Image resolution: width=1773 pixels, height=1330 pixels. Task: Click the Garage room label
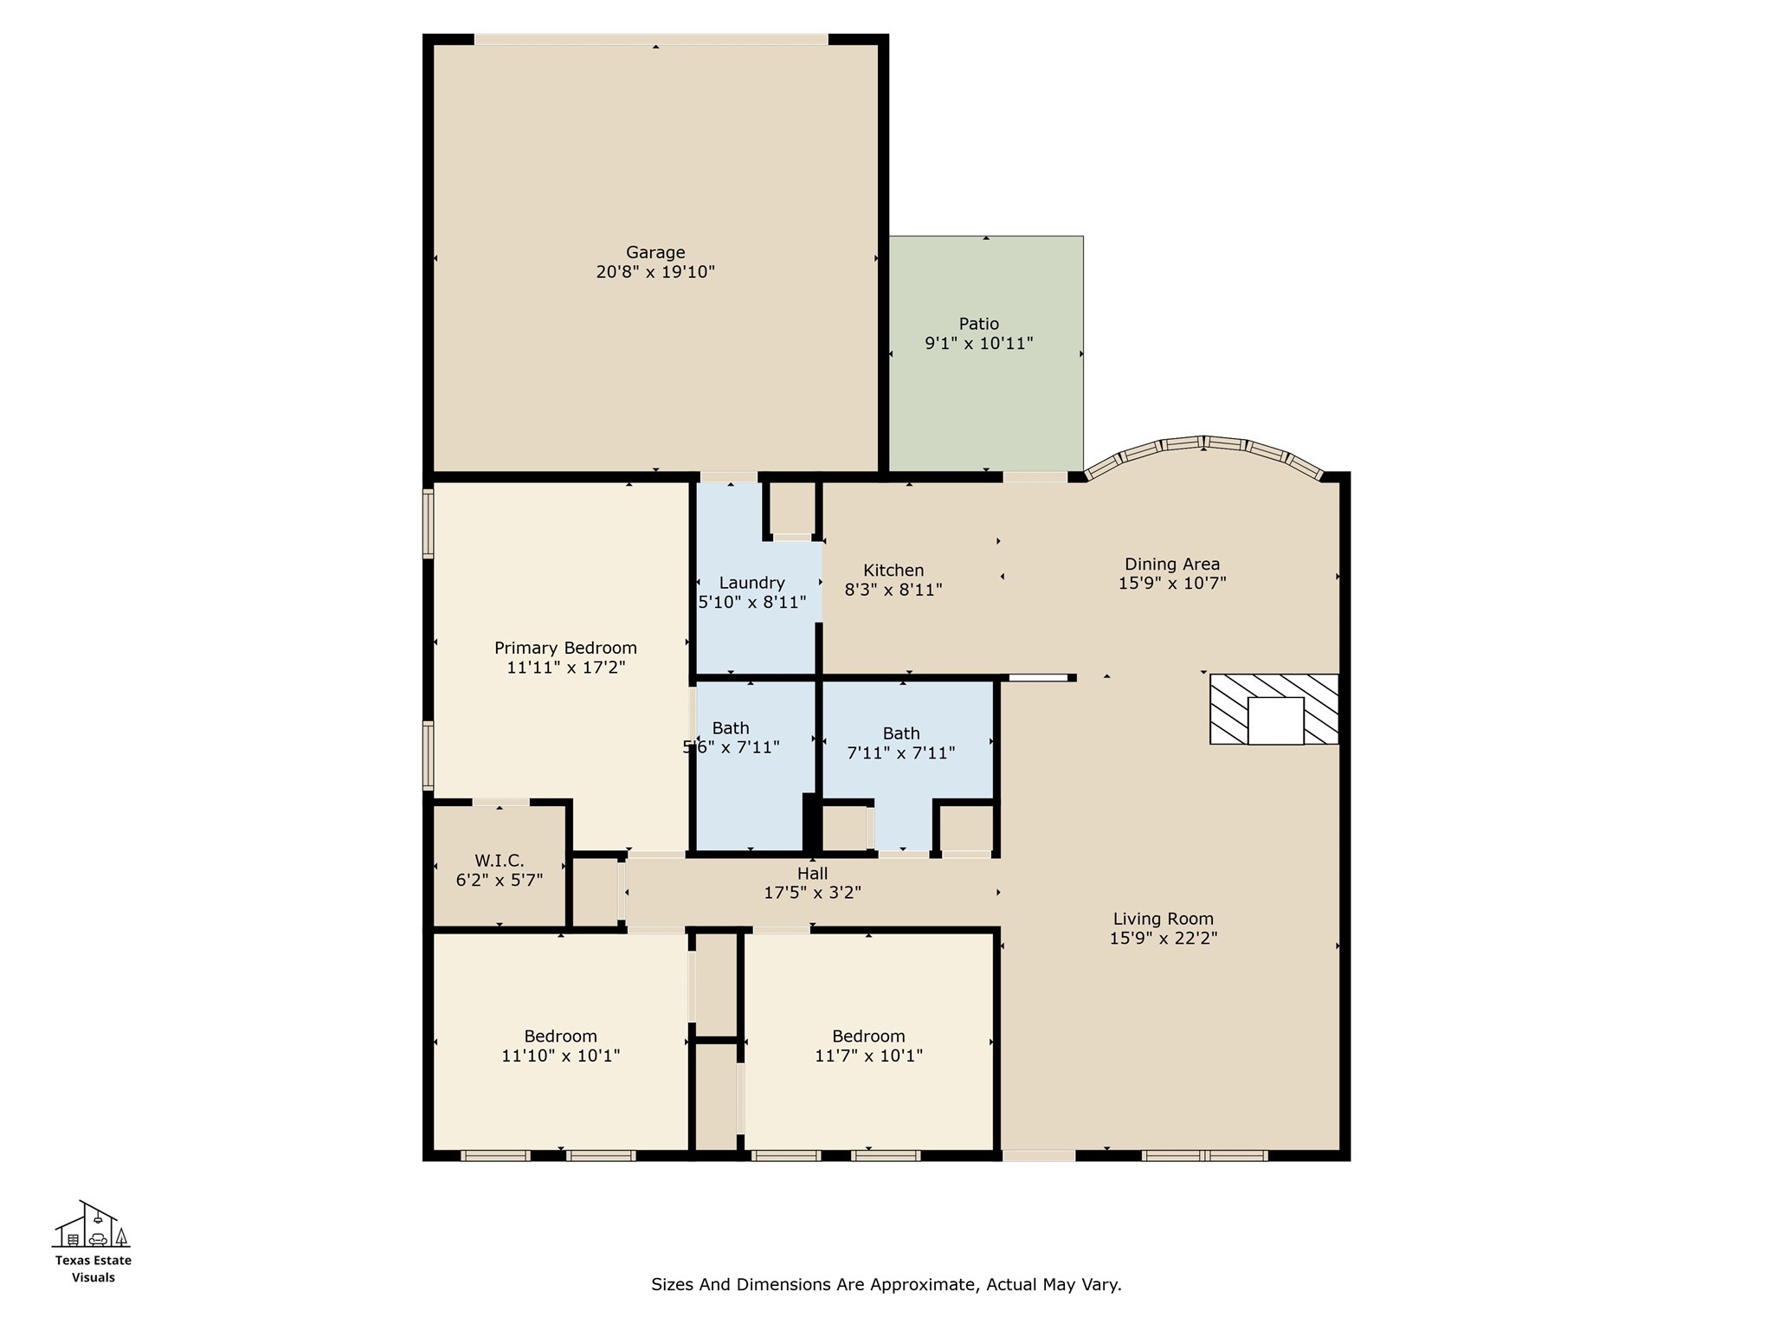pos(655,253)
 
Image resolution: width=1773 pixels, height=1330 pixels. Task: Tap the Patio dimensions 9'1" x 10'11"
pos(978,344)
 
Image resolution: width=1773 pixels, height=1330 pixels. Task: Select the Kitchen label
pos(893,571)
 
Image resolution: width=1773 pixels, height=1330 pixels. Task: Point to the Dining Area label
pos(1171,565)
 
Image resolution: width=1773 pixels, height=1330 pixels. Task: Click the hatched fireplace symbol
pos(1274,709)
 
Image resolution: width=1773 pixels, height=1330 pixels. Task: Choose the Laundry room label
pos(751,583)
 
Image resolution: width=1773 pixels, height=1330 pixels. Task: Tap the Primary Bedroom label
pos(565,648)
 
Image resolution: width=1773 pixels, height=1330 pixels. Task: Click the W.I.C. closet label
pos(499,861)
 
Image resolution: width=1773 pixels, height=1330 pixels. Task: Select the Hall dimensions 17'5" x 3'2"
pos(812,893)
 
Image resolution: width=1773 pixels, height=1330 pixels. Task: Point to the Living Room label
pos(1163,919)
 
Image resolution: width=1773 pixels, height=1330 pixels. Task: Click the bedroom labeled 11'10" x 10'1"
pos(560,1046)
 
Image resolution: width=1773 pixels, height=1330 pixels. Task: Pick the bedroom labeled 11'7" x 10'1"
pos(868,1046)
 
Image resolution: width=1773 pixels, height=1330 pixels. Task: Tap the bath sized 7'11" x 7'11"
pos(900,743)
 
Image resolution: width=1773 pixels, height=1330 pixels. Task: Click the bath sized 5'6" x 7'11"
pos(732,737)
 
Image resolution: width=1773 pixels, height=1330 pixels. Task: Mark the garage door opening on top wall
pos(651,39)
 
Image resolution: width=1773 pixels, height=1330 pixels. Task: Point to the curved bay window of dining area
pos(1204,444)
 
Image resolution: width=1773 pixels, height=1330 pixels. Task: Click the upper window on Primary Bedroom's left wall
pos(428,523)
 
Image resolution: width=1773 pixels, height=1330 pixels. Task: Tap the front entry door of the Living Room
pos(1038,1155)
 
